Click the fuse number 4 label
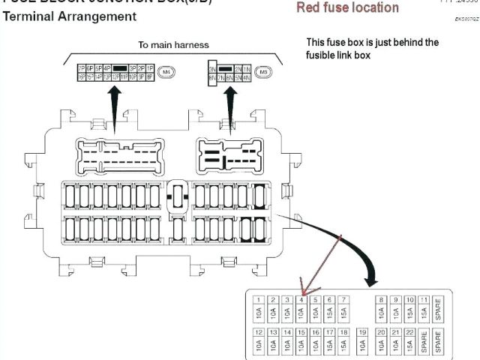(301, 299)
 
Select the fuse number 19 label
(362, 331)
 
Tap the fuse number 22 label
(409, 331)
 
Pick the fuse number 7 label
(343, 299)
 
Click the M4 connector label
(166, 72)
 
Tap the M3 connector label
(263, 72)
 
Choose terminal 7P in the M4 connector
(81, 67)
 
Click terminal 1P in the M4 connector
(151, 67)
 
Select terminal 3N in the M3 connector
(212, 67)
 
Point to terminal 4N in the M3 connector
(247, 76)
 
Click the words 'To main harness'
(173, 45)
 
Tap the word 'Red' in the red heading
(308, 7)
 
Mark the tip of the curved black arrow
(370, 283)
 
